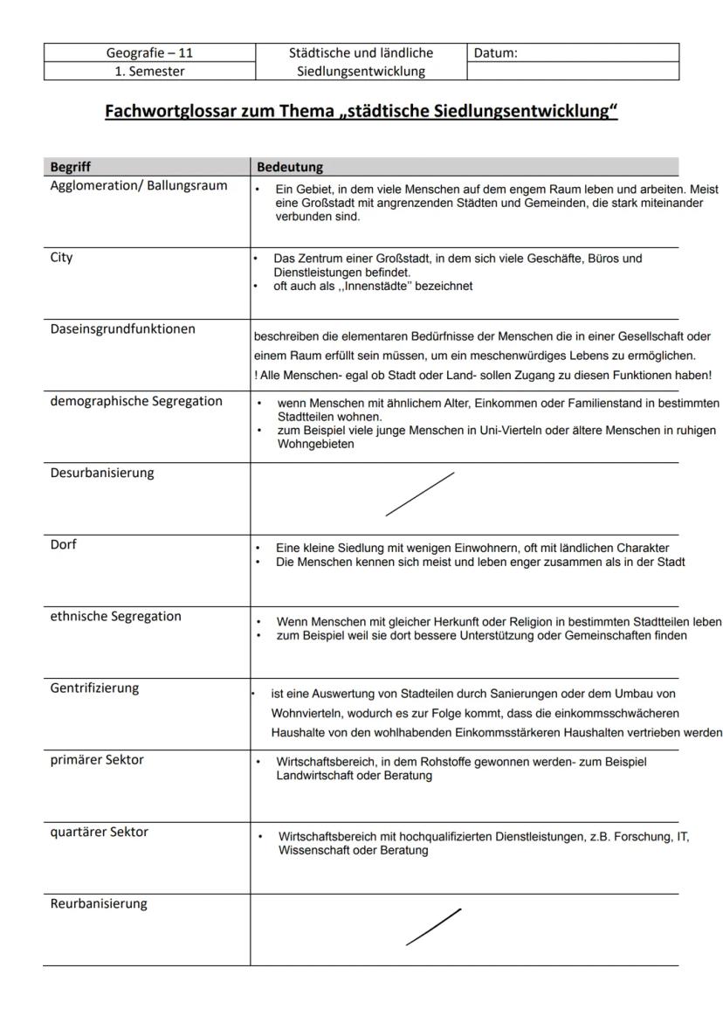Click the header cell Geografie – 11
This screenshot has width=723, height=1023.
pyautogui.click(x=149, y=53)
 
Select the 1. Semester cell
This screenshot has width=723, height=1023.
pyautogui.click(x=149, y=72)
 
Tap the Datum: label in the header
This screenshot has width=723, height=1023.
pyautogui.click(x=495, y=53)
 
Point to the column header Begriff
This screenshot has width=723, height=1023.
pyautogui.click(x=70, y=166)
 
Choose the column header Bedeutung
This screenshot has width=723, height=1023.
pyautogui.click(x=289, y=166)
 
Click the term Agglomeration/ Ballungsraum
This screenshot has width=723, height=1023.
pyautogui.click(x=139, y=185)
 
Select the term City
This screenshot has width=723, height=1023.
pyautogui.click(x=62, y=258)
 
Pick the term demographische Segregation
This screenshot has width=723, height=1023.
pyautogui.click(x=136, y=401)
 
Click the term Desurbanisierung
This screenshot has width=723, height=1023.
pyautogui.click(x=102, y=473)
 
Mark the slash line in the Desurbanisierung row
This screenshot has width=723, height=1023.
pyautogui.click(x=420, y=494)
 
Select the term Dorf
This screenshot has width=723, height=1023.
pyautogui.click(x=65, y=544)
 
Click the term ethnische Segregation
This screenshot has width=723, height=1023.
pyautogui.click(x=116, y=616)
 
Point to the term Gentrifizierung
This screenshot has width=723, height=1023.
pyautogui.click(x=94, y=688)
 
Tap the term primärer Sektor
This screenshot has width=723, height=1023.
pyautogui.click(x=97, y=759)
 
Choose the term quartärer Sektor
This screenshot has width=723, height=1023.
pyautogui.click(x=100, y=832)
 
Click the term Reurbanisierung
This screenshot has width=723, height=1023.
pyautogui.click(x=99, y=903)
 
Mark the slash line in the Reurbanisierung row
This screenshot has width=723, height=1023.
pyautogui.click(x=434, y=927)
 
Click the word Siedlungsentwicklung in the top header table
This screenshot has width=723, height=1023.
pyautogui.click(x=361, y=72)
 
